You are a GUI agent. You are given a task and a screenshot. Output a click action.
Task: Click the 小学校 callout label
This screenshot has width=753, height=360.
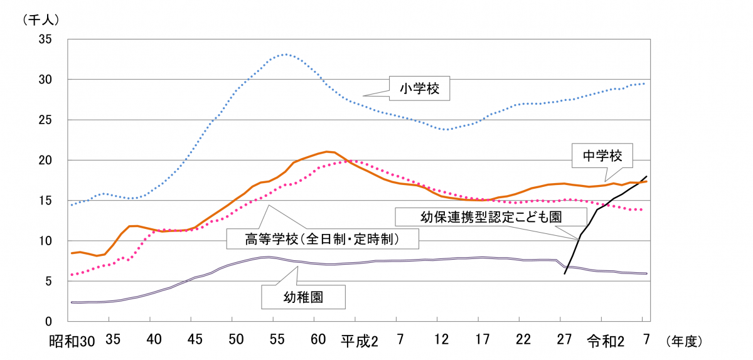tap(419, 89)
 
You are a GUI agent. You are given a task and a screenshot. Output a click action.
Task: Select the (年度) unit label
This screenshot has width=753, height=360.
tap(681, 341)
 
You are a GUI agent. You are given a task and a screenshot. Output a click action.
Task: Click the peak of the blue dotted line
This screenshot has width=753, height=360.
tap(286, 55)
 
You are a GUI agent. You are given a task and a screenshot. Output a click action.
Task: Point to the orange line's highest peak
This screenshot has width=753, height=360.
tap(328, 151)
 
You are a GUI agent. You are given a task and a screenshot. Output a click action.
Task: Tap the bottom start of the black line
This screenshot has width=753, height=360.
tap(565, 273)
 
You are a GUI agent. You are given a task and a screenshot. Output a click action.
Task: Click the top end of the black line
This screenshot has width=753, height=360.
tap(646, 176)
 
